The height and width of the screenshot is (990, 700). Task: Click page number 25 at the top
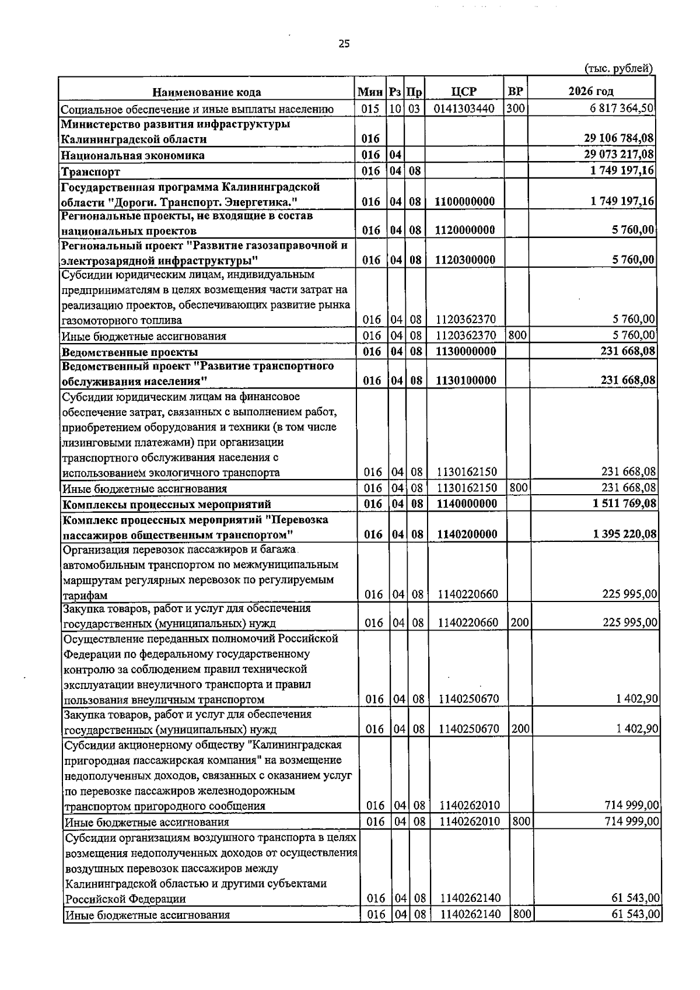click(x=344, y=44)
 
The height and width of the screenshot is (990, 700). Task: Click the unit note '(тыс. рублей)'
click(x=618, y=69)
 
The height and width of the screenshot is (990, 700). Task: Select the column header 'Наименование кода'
click(x=206, y=92)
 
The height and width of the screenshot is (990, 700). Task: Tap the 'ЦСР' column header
click(x=464, y=92)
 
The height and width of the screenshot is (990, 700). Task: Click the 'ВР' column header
click(x=515, y=92)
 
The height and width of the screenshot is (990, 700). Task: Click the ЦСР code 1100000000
click(x=465, y=202)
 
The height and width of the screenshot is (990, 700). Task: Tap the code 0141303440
click(x=464, y=109)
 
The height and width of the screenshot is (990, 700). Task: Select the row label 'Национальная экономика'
click(x=133, y=155)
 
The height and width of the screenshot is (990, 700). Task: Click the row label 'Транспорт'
click(x=91, y=172)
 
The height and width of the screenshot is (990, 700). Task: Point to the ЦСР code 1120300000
click(x=465, y=260)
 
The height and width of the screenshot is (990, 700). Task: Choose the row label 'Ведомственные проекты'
click(x=130, y=352)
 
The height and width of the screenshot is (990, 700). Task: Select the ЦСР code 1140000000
click(x=466, y=503)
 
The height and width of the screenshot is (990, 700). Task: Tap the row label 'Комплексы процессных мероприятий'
click(x=167, y=504)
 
